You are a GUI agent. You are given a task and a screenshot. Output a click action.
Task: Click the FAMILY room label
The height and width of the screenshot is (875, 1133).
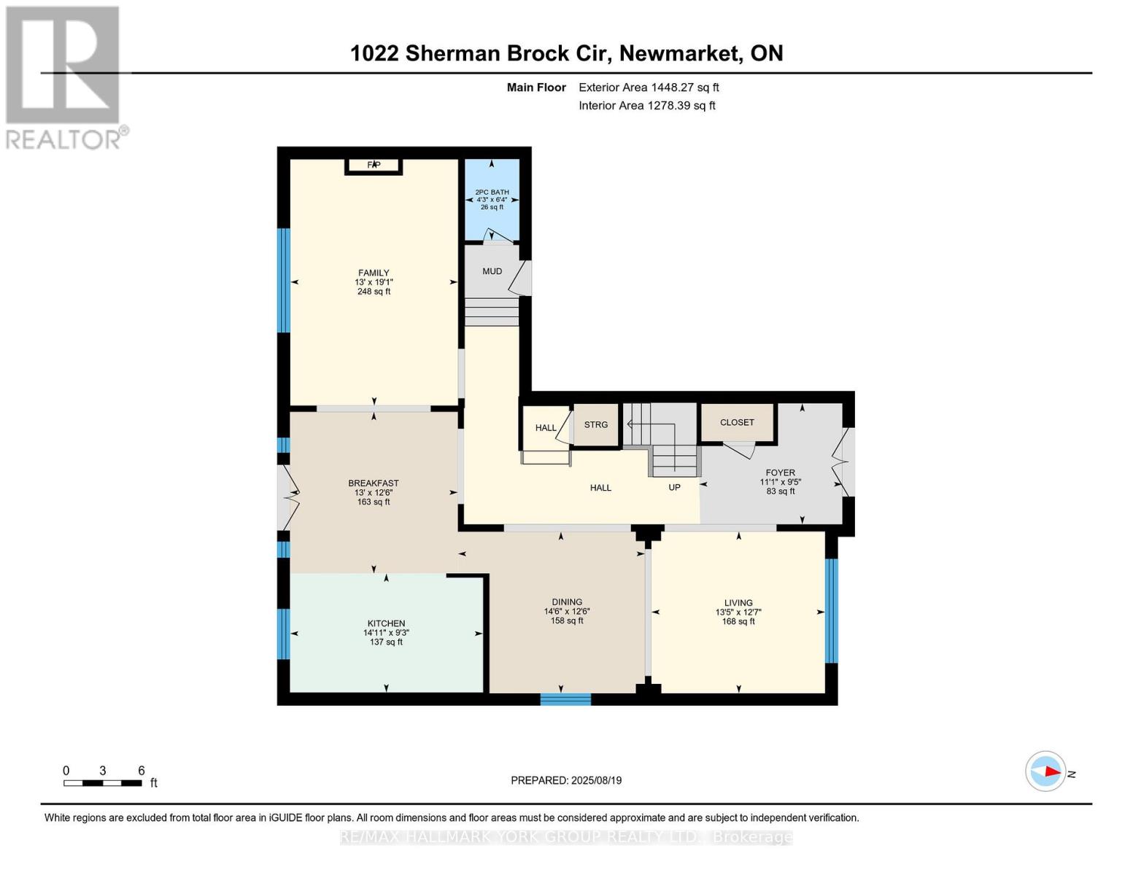pos(373,273)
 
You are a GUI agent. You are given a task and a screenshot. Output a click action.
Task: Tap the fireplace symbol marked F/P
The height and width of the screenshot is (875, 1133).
pos(374,166)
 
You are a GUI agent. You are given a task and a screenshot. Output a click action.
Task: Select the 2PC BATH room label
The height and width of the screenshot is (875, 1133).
pos(492,192)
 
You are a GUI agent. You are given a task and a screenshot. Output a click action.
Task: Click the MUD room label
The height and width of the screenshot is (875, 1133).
pos(492,271)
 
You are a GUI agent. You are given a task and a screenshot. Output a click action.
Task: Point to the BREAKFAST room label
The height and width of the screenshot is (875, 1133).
pos(373,483)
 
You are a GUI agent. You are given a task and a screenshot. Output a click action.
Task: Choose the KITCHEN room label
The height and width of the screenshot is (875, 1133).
pos(386,623)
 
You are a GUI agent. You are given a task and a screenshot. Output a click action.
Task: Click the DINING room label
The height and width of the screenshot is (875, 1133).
pos(567,602)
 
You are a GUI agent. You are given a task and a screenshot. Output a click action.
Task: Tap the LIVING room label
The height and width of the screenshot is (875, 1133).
pos(738,603)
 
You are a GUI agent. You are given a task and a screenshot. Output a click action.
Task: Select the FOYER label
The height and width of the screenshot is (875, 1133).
pos(780,472)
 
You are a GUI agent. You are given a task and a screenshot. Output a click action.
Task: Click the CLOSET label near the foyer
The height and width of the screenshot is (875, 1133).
pos(737,422)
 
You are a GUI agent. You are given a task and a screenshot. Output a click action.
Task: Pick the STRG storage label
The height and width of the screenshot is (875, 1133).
pos(595,424)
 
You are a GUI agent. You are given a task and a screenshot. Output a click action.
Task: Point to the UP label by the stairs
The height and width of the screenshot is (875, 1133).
pos(674,487)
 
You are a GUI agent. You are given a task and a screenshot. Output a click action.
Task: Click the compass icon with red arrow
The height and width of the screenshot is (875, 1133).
pos(1045,771)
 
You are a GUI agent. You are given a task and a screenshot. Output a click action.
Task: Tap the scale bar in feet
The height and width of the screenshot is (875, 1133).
pos(103,783)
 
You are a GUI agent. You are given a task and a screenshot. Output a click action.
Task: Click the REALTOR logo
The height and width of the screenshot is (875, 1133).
pos(64,77)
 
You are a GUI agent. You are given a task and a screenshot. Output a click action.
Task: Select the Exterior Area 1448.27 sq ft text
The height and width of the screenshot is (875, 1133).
pos(649,87)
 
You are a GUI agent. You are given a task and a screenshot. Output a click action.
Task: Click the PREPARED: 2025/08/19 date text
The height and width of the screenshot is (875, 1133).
pos(566,780)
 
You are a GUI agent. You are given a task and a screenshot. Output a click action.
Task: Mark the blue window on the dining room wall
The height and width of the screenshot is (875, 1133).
pos(565,699)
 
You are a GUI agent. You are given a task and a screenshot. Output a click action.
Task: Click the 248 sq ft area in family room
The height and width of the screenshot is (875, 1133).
pos(373,292)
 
